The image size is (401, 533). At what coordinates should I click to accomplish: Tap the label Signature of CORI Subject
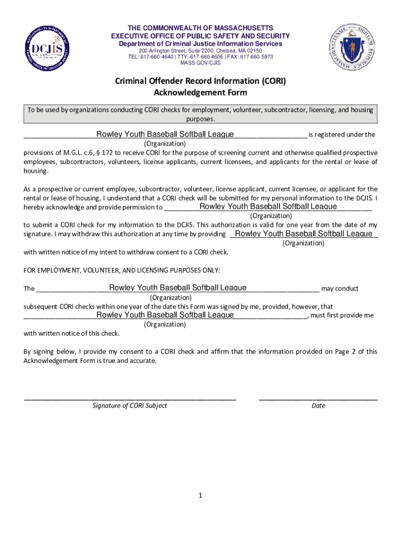tap(130, 405)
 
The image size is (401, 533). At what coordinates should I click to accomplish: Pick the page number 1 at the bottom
tap(200, 496)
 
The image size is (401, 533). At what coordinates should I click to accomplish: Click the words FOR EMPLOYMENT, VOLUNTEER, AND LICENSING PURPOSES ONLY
tap(122, 270)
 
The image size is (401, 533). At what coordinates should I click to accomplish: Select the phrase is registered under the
tap(342, 135)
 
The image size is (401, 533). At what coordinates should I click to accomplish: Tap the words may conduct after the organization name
tap(340, 288)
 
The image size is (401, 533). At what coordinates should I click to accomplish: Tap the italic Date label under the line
tap(318, 405)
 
